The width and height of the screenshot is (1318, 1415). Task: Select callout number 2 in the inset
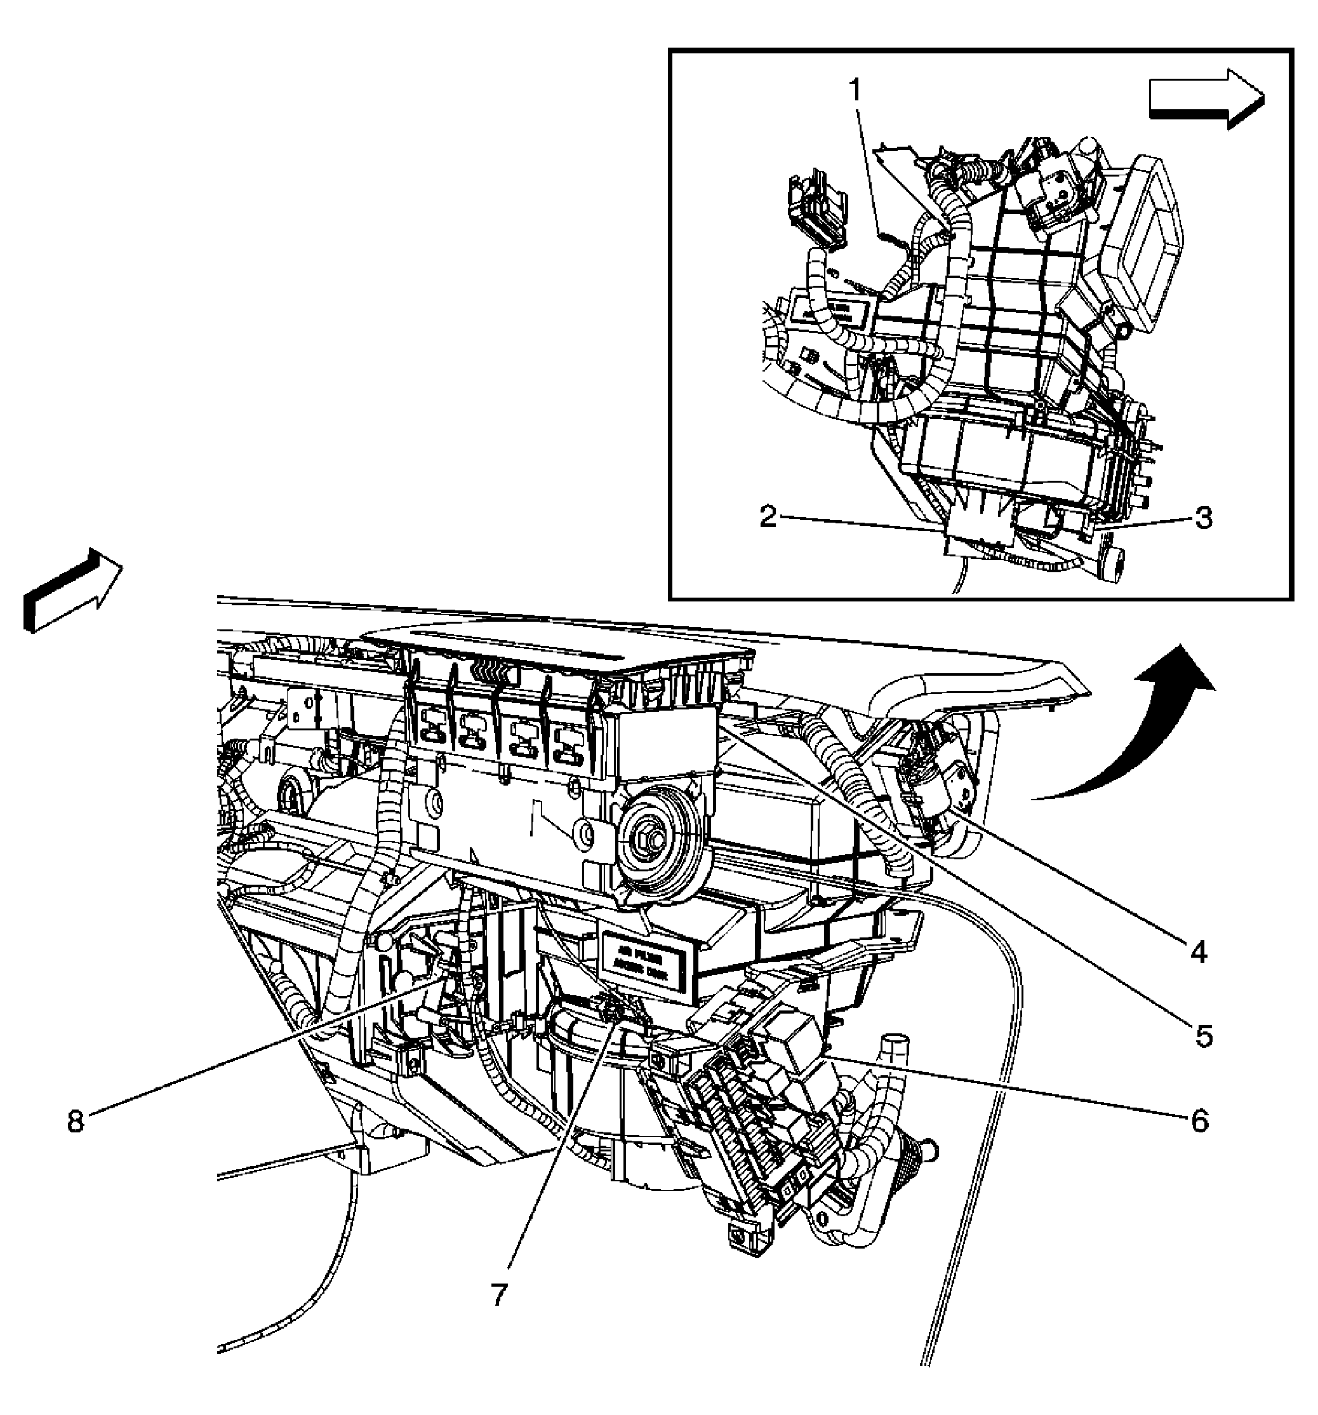point(768,517)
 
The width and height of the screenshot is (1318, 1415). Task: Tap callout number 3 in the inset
point(1202,518)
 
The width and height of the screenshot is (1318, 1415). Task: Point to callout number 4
point(1199,951)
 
